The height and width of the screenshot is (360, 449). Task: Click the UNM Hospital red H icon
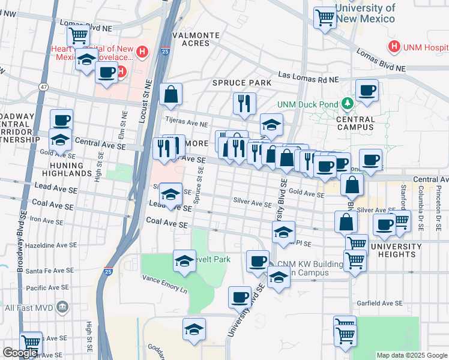pos(394,46)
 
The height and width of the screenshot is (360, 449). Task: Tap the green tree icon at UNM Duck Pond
pos(346,104)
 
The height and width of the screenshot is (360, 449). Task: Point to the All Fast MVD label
pos(35,308)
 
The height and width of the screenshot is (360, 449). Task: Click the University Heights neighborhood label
pos(396,251)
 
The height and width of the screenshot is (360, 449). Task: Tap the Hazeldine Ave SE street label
pos(52,245)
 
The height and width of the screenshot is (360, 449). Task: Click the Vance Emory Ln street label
pos(164,281)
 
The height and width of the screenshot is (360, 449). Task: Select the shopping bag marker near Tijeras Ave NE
pos(171,94)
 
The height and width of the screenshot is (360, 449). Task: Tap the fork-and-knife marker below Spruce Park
pos(244,103)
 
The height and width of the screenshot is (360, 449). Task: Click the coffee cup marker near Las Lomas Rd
pos(366,91)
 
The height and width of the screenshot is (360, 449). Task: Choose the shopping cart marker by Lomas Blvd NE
pos(78,36)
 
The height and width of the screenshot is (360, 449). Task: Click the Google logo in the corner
pos(20,353)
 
